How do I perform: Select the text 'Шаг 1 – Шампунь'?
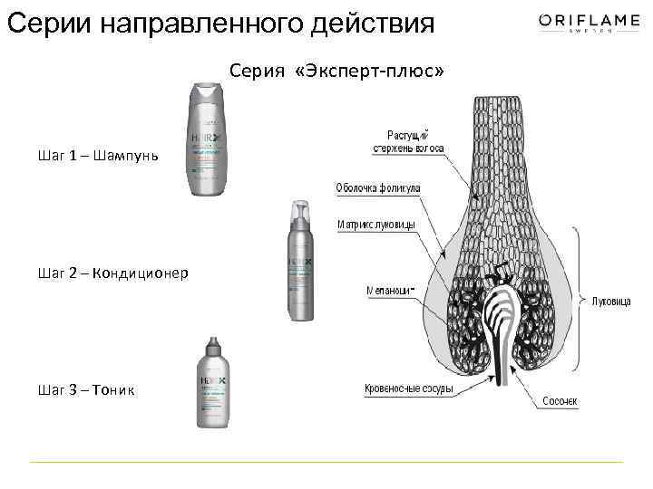[x=99, y=156]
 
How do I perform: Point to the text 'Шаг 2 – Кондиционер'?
[x=113, y=273]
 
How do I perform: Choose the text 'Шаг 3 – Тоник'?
[x=87, y=389]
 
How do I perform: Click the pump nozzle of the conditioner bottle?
[x=300, y=211]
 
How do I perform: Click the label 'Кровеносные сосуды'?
[x=409, y=390]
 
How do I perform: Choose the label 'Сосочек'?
[x=560, y=400]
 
